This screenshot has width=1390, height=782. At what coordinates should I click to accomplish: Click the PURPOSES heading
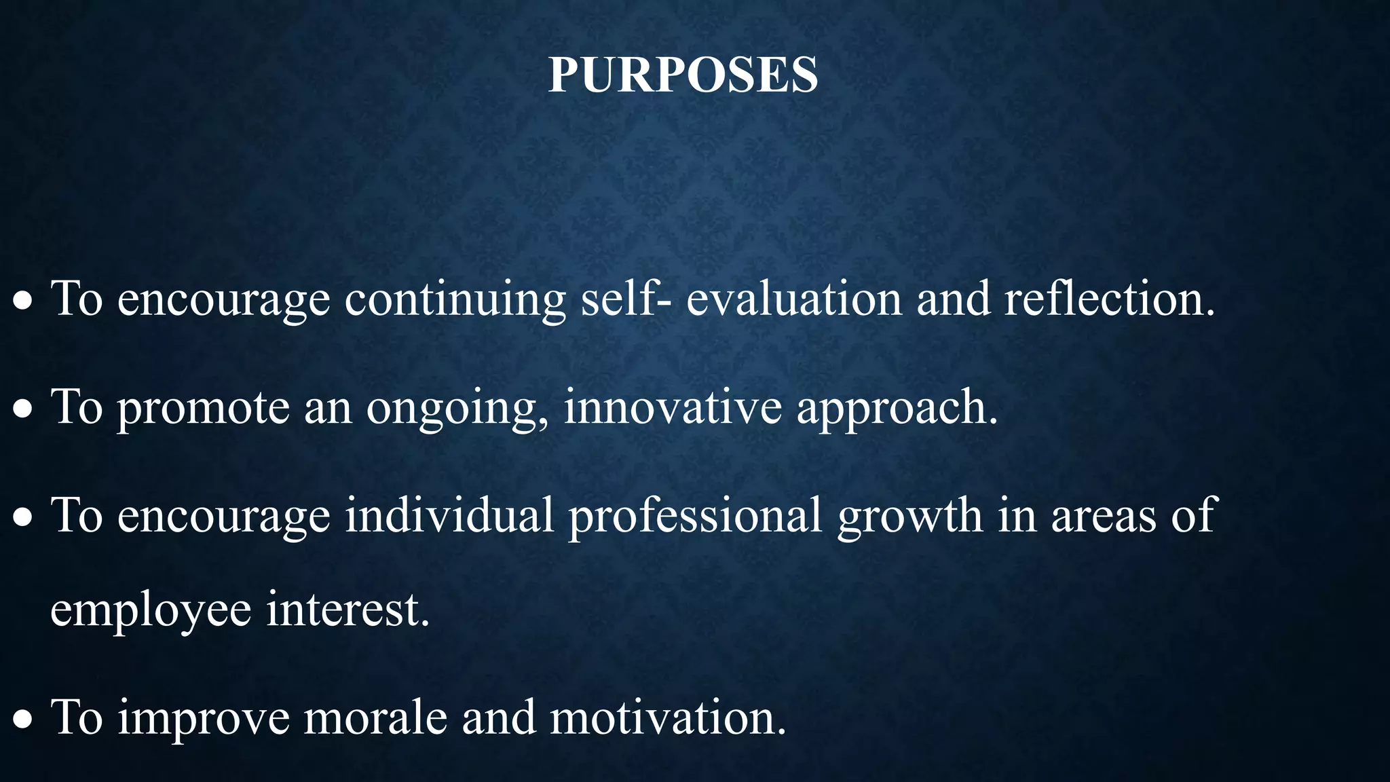pyautogui.click(x=683, y=74)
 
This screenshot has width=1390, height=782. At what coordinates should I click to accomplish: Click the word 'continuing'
pyautogui.click(x=455, y=299)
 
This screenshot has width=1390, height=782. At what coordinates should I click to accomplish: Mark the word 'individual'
pyautogui.click(x=449, y=514)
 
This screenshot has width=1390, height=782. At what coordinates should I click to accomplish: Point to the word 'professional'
pyautogui.click(x=695, y=515)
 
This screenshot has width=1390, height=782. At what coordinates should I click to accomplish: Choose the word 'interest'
pyautogui.click(x=347, y=609)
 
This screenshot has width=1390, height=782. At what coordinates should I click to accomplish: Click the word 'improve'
pyautogui.click(x=204, y=719)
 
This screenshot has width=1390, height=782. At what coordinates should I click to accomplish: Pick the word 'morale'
pyautogui.click(x=375, y=718)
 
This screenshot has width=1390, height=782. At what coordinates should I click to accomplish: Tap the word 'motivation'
pyautogui.click(x=666, y=718)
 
